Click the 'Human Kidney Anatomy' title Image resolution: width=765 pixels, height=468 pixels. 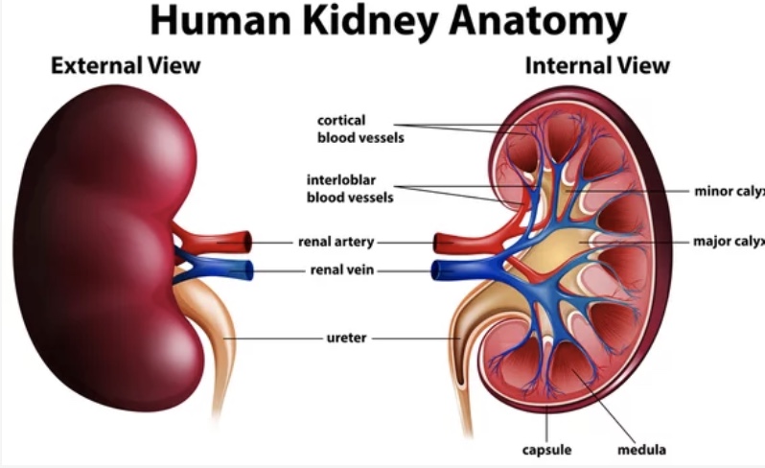coord(388,20)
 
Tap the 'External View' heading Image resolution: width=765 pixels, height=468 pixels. coord(126,65)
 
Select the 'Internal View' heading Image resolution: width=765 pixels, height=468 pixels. coord(597,65)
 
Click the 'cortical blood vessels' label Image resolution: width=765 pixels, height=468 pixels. coord(360,129)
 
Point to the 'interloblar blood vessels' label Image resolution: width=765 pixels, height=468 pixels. coord(350,188)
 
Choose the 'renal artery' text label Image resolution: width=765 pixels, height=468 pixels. coord(336,242)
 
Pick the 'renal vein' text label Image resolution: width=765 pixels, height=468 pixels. coord(342,269)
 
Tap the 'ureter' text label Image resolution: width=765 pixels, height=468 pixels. coord(346,338)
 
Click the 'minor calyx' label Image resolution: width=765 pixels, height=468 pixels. coord(730,191)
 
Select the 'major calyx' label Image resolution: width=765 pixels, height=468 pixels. coord(729,241)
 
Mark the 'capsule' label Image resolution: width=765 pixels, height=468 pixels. coord(546,450)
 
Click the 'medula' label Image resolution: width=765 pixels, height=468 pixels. coord(641,450)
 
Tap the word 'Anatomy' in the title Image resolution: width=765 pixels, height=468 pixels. coord(538,22)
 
